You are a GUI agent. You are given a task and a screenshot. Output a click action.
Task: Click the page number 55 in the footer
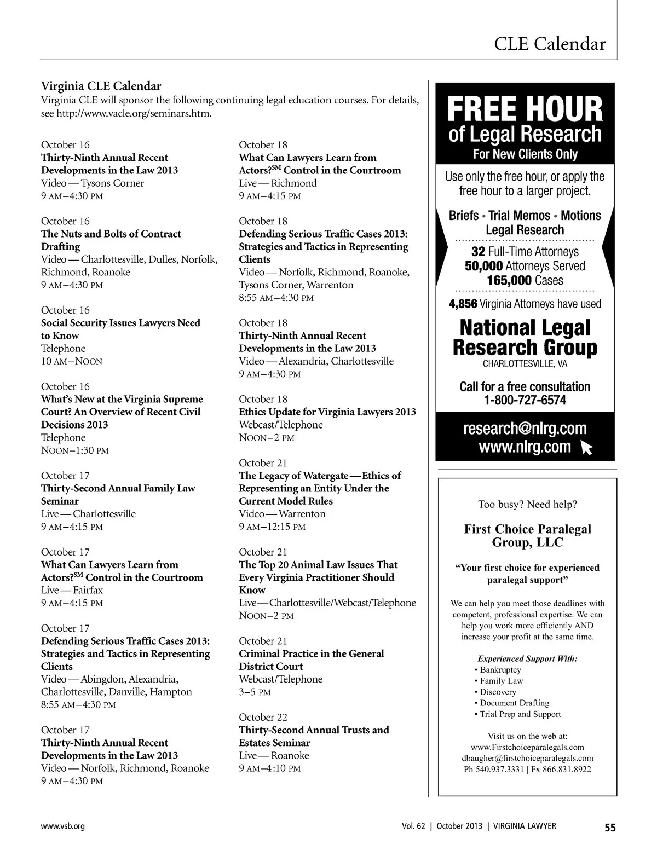[x=610, y=828]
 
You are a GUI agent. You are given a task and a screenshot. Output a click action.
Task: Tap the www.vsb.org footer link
[x=63, y=826]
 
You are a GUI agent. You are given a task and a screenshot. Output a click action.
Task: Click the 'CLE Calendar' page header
[x=550, y=44]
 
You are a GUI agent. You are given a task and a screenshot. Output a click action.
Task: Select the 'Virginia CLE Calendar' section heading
[x=101, y=86]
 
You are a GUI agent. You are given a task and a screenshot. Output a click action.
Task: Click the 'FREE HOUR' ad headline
[x=525, y=109]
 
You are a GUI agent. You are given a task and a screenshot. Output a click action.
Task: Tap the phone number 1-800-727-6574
[x=525, y=400]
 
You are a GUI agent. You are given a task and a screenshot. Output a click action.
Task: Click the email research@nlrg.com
[x=525, y=429]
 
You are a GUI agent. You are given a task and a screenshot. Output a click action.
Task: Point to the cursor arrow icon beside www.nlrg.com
[x=586, y=449]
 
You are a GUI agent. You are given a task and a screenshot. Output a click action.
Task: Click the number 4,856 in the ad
[x=463, y=304]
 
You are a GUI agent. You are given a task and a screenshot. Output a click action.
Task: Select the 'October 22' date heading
[x=263, y=717]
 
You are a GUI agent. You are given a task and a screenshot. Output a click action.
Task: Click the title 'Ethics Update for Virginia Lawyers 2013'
[x=327, y=412]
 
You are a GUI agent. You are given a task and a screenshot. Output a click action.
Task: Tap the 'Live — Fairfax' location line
[x=72, y=590]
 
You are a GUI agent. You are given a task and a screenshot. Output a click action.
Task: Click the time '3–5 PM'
[x=255, y=692]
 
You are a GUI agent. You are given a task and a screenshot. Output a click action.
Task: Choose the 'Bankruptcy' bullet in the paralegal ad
[x=500, y=670]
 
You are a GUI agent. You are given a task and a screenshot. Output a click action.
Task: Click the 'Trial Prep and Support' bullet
[x=520, y=714]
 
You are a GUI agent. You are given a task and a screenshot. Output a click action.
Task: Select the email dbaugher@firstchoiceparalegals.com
[x=527, y=758]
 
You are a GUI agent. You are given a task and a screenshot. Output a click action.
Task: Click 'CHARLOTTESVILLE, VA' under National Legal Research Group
[x=525, y=364]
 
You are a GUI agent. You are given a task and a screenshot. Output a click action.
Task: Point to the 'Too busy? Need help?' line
[x=527, y=504]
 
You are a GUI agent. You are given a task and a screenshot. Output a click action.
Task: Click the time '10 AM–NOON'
[x=72, y=361]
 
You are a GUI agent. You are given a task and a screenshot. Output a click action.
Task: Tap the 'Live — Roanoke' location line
[x=274, y=755]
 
